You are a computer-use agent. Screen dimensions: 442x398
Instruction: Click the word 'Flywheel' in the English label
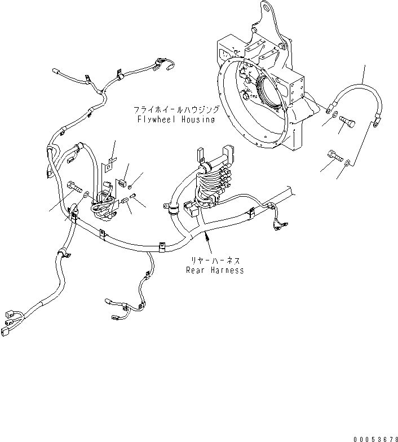click(x=156, y=120)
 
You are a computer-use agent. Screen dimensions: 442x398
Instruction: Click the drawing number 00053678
click(x=375, y=437)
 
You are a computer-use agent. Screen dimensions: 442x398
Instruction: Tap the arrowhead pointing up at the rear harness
click(x=209, y=239)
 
